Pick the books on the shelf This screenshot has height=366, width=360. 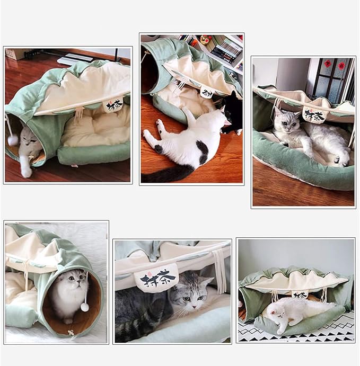tap(225, 51)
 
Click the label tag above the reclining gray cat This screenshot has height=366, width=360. tap(314, 114)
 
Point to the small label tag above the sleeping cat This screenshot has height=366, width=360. tap(300, 294)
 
